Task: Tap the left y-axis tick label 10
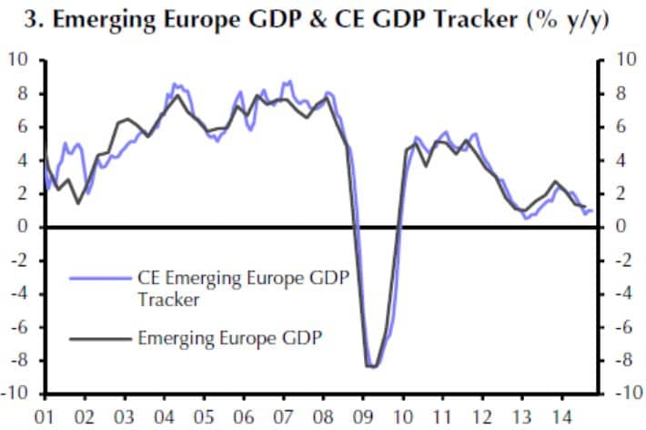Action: [18, 60]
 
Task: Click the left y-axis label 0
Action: [24, 227]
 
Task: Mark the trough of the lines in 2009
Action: [372, 366]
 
